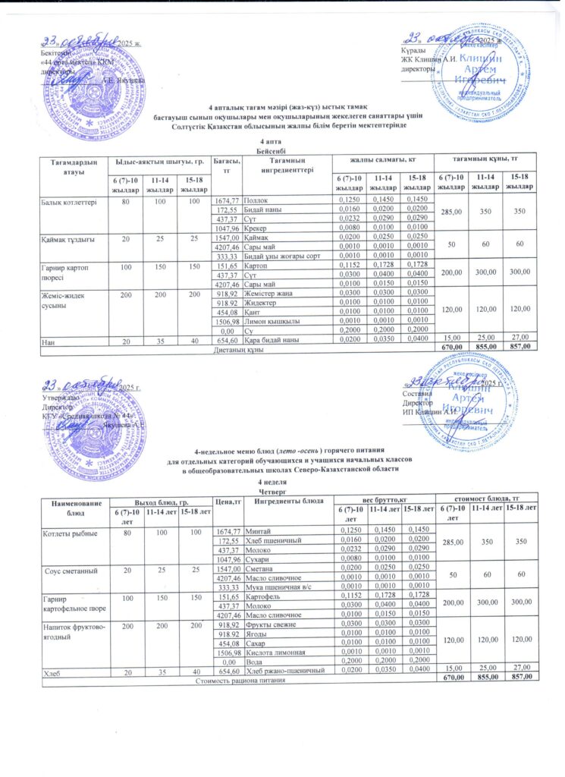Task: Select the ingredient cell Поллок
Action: (x=257, y=199)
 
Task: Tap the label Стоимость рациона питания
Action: (x=240, y=681)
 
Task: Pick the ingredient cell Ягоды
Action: (x=257, y=633)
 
